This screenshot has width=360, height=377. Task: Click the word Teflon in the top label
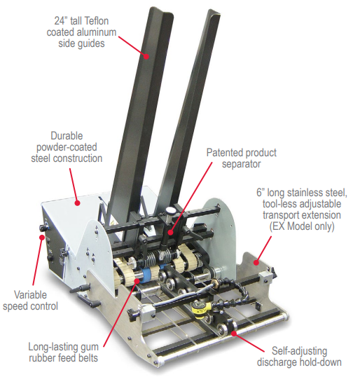coord(97,21)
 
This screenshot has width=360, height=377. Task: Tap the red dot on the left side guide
coord(146,56)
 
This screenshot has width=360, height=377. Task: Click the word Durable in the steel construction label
coord(67,136)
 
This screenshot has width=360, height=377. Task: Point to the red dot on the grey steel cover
coord(77,203)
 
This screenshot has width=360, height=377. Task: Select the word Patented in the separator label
coord(223,153)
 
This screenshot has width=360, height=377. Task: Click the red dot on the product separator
coord(170,232)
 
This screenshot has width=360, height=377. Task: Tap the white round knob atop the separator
coord(171,211)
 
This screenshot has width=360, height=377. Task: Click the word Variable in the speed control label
coord(30,295)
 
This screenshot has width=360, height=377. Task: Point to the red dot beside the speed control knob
coord(42,238)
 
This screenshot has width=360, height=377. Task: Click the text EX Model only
coord(302,226)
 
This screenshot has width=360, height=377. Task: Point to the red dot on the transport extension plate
coord(256,262)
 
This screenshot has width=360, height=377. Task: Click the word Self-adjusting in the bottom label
coord(299,351)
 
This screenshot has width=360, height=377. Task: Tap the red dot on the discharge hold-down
coord(233,333)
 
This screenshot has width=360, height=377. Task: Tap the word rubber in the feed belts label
coord(43,358)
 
